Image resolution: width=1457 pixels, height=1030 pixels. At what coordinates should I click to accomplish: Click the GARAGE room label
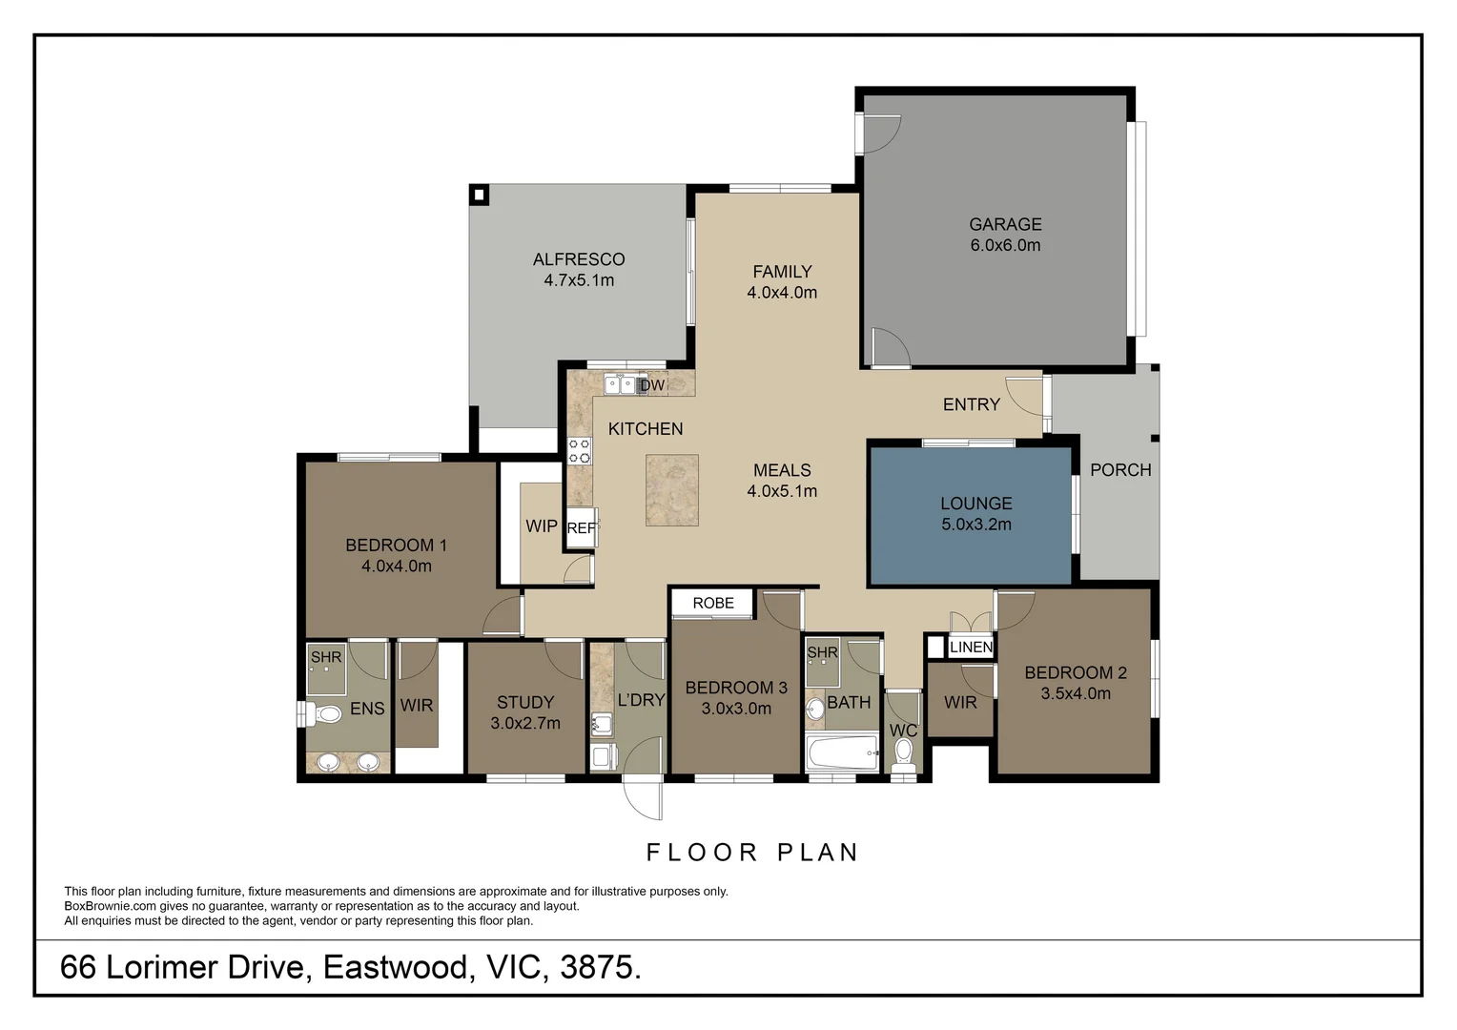1005,224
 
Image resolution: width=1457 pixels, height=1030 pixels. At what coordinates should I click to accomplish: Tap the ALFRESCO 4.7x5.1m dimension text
579,280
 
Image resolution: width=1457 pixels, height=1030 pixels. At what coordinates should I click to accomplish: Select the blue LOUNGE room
971,515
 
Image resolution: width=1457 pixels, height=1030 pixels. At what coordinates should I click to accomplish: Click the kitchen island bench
672,490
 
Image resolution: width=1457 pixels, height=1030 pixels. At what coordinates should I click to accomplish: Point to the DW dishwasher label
652,385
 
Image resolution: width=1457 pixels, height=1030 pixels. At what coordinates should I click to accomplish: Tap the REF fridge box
582,527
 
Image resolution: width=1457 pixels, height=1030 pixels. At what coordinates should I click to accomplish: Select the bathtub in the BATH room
842,752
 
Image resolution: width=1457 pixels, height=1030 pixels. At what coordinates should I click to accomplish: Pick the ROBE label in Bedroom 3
713,603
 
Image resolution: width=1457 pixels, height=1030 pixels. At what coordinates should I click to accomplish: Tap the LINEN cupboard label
971,648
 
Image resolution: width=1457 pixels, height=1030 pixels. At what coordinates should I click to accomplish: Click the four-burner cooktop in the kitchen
580,451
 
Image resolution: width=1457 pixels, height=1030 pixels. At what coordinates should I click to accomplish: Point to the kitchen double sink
619,384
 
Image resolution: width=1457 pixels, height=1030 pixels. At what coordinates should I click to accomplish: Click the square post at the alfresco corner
480,195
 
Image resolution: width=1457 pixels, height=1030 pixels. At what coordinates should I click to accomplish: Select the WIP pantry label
542,525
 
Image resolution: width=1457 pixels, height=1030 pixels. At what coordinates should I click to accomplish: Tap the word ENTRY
971,404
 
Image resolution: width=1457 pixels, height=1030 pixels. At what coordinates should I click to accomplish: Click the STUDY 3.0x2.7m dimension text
525,724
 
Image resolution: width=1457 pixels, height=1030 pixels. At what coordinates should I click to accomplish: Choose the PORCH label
1120,470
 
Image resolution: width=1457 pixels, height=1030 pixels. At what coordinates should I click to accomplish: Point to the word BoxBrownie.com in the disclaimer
110,906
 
